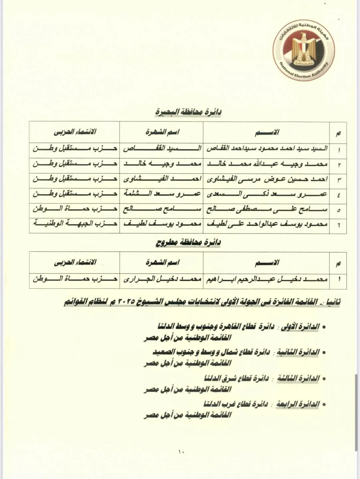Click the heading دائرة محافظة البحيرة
188,112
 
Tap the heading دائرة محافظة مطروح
188,242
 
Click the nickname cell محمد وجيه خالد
162,164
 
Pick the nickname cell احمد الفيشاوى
162,179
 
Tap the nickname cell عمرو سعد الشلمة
162,194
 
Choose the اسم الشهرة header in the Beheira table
162,132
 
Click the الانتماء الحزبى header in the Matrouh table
75,262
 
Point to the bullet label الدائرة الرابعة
298,404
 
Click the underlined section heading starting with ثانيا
202,302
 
